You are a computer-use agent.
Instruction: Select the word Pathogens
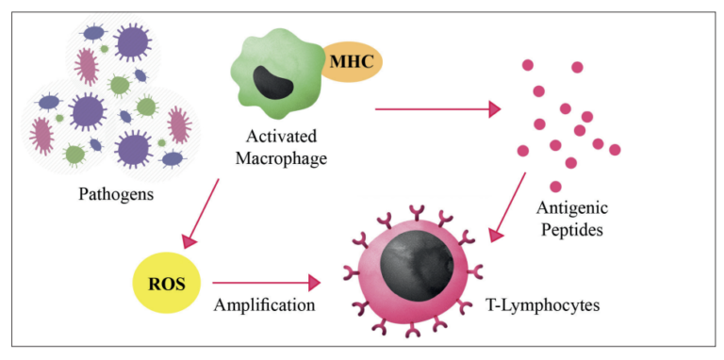point(116,196)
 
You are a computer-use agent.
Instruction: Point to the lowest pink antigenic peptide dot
point(555,187)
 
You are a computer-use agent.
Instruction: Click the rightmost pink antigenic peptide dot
point(615,149)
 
